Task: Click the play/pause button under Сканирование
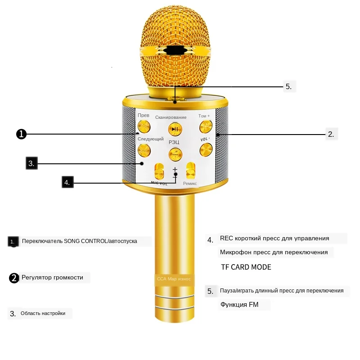tap(175, 129)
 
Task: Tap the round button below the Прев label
tap(144, 127)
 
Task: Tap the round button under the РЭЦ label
tap(175, 154)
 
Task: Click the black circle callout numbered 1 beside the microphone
tap(21, 134)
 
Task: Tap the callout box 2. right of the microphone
tap(331, 134)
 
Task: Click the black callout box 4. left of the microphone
tap(67, 182)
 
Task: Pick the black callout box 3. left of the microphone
tap(31, 163)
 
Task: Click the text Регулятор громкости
tap(52, 278)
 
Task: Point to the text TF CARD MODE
tap(246, 267)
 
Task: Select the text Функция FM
tap(239, 305)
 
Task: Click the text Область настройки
tap(43, 313)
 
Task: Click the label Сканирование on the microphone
tap(171, 117)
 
